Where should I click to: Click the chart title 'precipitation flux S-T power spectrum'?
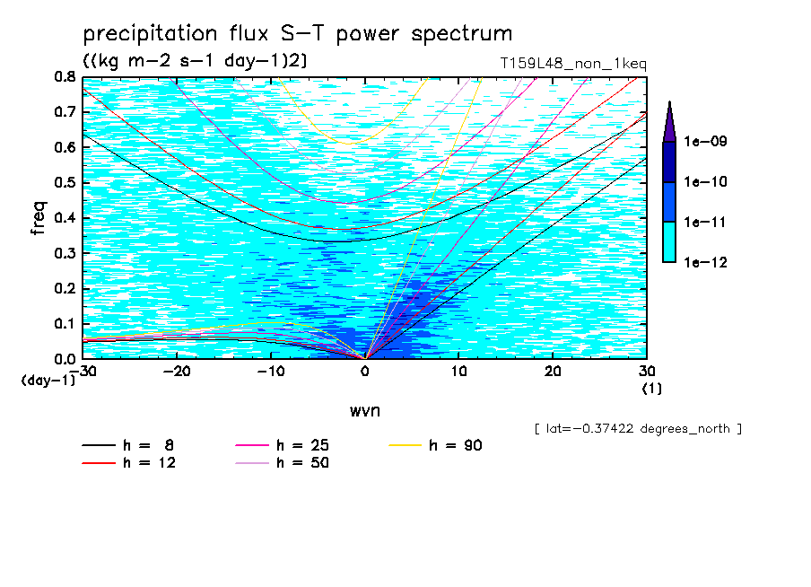(x=297, y=34)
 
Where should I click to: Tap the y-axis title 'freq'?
(x=39, y=218)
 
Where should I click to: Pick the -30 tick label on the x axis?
(x=83, y=372)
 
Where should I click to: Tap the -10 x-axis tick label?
(x=270, y=372)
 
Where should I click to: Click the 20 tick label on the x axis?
(x=553, y=372)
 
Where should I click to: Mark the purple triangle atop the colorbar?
(x=669, y=121)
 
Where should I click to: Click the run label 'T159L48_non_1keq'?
(x=573, y=64)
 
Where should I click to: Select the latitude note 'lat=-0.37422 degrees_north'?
(x=638, y=428)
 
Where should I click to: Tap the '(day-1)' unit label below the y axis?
(x=48, y=381)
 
